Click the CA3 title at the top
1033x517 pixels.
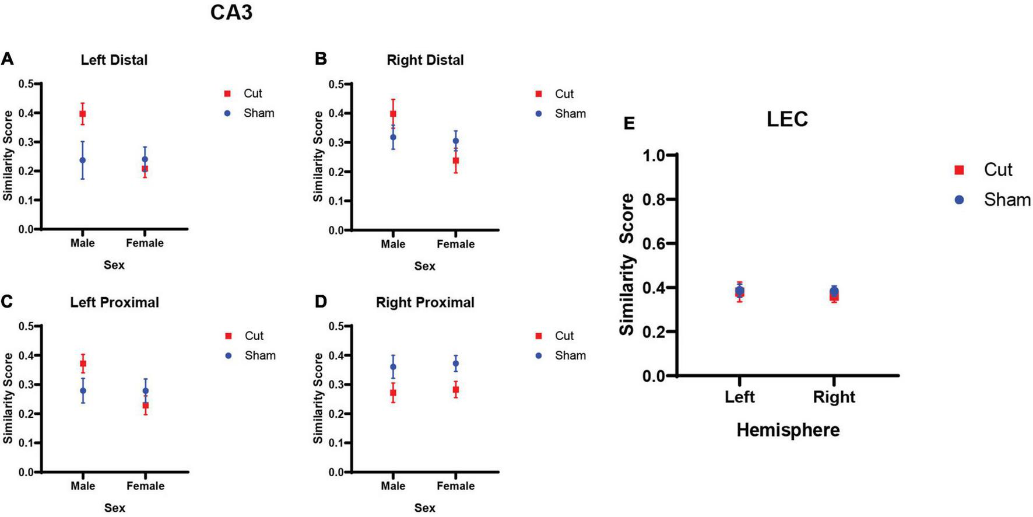(x=231, y=12)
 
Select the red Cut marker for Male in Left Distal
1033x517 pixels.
(x=83, y=114)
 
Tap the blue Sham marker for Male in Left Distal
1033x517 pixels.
(x=83, y=160)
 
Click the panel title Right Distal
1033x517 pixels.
(x=425, y=60)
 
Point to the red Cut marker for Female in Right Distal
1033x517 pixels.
(x=456, y=160)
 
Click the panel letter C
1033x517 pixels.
(x=7, y=302)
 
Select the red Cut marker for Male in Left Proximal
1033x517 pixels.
(x=83, y=364)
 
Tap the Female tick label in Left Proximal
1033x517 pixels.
(x=145, y=486)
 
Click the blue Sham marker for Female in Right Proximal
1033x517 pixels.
(x=456, y=364)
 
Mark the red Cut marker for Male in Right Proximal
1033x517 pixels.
(x=393, y=393)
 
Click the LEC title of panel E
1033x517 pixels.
(x=787, y=119)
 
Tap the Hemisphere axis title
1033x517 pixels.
(x=788, y=430)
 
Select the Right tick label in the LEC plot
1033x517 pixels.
(x=834, y=397)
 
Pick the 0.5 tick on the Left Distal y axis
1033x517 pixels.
(x=26, y=84)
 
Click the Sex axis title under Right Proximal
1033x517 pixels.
(x=424, y=508)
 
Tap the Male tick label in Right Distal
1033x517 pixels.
(x=393, y=244)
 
